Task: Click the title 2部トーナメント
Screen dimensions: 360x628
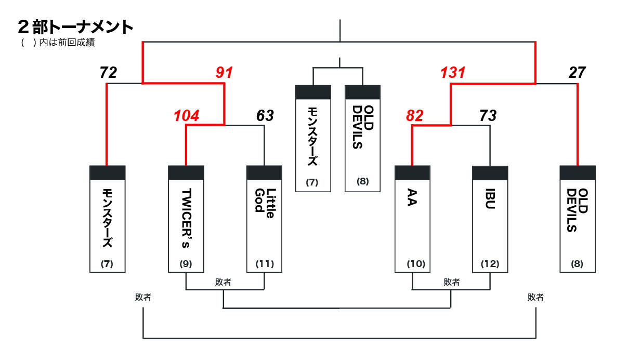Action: point(75,26)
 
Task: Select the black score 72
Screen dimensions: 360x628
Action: point(108,73)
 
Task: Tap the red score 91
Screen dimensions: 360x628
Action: point(224,73)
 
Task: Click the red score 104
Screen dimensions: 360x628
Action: point(186,116)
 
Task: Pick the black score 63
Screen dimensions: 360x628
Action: point(265,116)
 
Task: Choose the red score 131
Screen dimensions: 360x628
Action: point(452,73)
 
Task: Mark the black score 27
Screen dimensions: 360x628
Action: point(577,73)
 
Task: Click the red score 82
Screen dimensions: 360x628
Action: point(415,116)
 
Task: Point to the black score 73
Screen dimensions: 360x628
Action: point(488,116)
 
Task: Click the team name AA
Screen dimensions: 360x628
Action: point(412,200)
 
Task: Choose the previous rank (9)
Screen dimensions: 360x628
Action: point(186,264)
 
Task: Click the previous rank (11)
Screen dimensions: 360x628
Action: point(264,264)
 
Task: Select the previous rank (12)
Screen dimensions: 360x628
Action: point(490,264)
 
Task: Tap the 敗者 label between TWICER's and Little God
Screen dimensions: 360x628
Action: point(224,282)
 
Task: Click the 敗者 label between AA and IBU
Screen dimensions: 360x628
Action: point(452,282)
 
